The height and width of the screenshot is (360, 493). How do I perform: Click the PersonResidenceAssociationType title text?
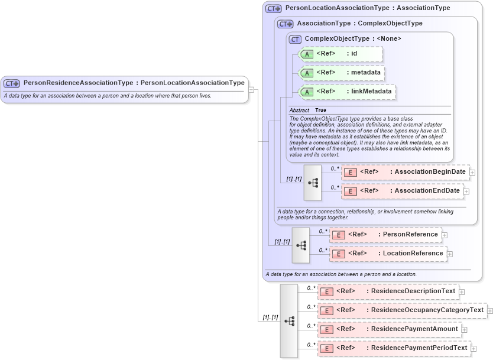134,83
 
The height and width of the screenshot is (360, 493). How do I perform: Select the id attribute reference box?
341,54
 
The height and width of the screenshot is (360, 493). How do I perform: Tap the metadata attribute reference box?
342,73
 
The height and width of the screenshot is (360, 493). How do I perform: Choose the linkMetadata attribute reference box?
346,92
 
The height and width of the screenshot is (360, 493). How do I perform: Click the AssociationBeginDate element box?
405,172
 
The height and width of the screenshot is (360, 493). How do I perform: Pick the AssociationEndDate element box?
402,191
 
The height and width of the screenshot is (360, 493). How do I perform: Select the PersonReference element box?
385,235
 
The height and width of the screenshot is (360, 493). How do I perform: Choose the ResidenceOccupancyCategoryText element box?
401,310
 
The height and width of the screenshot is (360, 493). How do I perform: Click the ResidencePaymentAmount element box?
389,329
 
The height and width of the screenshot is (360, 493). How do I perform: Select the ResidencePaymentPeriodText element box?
394,348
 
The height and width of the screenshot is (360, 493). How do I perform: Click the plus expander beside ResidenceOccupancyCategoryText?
490,311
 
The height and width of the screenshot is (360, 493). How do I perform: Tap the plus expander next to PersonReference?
445,235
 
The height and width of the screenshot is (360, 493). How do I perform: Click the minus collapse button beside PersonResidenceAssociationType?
251,90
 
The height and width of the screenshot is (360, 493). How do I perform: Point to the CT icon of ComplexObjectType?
295,39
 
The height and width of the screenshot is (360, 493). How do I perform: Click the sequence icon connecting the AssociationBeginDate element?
313,182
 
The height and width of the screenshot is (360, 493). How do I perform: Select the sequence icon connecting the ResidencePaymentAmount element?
289,320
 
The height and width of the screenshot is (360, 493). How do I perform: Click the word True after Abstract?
320,111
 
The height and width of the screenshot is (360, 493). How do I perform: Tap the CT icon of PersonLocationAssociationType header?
273,9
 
